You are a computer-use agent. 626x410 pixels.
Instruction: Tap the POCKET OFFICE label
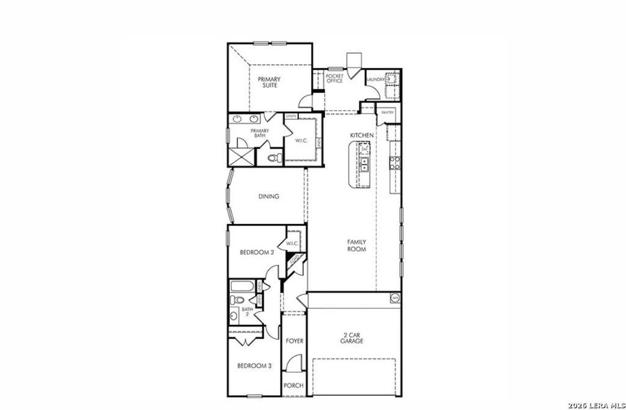334,78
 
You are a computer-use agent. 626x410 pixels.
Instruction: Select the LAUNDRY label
375,80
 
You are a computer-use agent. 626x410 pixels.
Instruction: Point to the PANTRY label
387,113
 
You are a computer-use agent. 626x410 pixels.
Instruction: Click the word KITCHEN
361,135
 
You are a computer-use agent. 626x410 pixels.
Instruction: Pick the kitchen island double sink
364,163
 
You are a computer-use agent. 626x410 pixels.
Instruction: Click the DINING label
268,196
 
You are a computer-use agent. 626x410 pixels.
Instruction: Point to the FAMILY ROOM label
356,245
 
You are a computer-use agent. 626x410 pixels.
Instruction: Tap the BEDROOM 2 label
256,252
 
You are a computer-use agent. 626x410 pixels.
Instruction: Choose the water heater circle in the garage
395,298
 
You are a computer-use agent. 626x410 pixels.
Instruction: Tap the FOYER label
295,341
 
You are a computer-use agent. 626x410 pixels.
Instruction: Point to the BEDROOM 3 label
254,366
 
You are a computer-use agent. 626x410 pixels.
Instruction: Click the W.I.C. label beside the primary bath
301,140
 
